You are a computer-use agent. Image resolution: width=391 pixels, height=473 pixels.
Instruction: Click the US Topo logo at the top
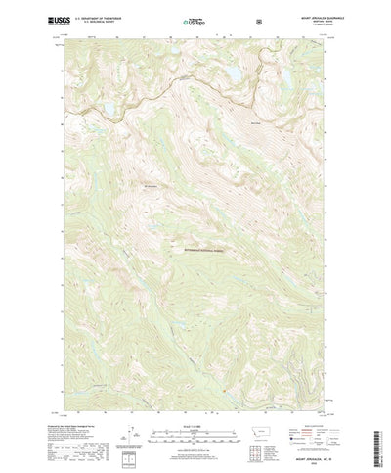pos(194,20)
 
